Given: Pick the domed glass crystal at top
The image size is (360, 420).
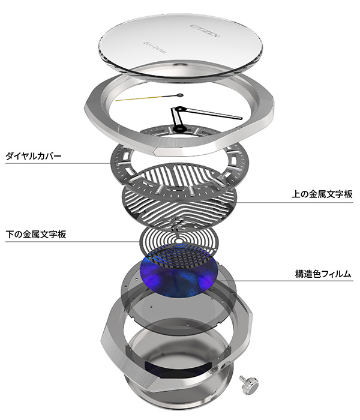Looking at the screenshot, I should [180, 45].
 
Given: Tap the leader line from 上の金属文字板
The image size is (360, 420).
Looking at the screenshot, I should [264, 201].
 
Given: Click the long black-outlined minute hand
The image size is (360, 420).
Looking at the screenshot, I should [210, 113].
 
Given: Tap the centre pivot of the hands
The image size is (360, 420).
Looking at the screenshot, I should [178, 109].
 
